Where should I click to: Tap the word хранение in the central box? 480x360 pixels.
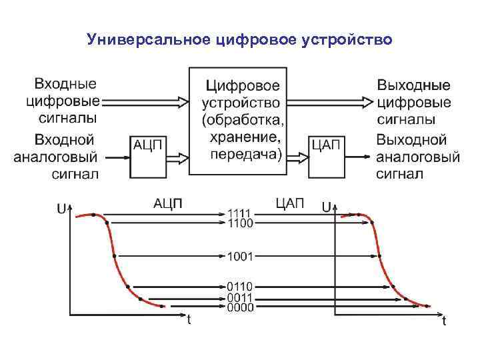pyautogui.click(x=245, y=138)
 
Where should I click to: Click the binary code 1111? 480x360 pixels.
pyautogui.click(x=240, y=213)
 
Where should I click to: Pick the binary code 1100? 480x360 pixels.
pyautogui.click(x=240, y=223)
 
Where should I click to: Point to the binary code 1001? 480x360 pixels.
pyautogui.click(x=240, y=255)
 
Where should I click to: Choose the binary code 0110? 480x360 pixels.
pyautogui.click(x=240, y=287)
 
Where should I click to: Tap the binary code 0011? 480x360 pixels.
pyautogui.click(x=240, y=297)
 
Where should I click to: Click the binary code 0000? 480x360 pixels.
pyautogui.click(x=240, y=308)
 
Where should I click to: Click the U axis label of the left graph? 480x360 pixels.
pyautogui.click(x=61, y=209)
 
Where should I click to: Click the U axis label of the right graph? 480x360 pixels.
pyautogui.click(x=328, y=208)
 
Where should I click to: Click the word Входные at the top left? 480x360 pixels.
pyautogui.click(x=65, y=85)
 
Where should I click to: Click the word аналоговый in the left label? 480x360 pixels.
pyautogui.click(x=56, y=158)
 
